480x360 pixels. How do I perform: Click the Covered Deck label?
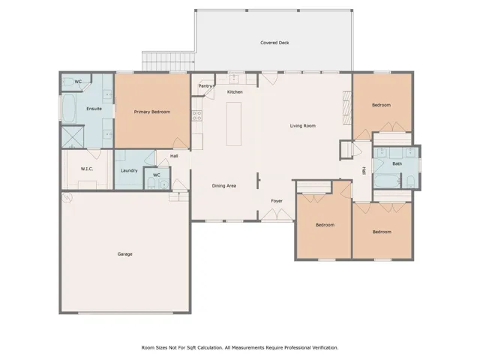pyautogui.click(x=274, y=43)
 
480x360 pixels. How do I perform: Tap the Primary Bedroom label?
pyautogui.click(x=152, y=112)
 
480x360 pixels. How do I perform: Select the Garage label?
pyautogui.click(x=125, y=254)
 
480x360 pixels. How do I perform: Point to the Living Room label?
pyautogui.click(x=303, y=126)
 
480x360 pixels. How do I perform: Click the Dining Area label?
pyautogui.click(x=224, y=186)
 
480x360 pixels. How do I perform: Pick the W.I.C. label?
pyautogui.click(x=87, y=169)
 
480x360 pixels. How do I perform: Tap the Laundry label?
pyautogui.click(x=129, y=171)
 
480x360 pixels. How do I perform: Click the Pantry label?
pyautogui.click(x=205, y=86)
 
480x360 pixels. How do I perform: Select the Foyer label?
pyautogui.click(x=277, y=201)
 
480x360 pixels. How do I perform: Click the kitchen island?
pyautogui.click(x=233, y=124)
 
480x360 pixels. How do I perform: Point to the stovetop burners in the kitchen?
pyautogui.click(x=196, y=115)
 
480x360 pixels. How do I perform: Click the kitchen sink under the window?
pyautogui.click(x=234, y=79)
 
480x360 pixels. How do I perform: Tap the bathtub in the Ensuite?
pyautogui.click(x=69, y=108)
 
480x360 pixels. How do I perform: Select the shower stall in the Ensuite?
pyautogui.click(x=73, y=136)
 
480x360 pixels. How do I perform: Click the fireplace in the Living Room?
pyautogui.click(x=347, y=107)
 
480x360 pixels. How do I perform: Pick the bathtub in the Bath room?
pyautogui.click(x=387, y=181)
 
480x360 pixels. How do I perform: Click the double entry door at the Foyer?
pyautogui.click(x=277, y=214)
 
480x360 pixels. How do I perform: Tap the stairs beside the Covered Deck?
pyautogui.click(x=168, y=61)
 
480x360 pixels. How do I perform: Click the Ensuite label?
pyautogui.click(x=94, y=109)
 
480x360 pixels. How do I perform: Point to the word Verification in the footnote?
pyautogui.click(x=325, y=348)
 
